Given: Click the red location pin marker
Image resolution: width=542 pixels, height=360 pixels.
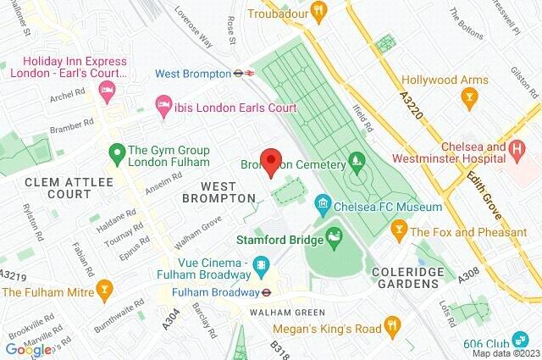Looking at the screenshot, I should tap(270, 162).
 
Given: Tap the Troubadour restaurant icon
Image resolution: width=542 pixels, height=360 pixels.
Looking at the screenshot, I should tap(319, 11).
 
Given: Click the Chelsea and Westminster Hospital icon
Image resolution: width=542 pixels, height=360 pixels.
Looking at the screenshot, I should tap(518, 150).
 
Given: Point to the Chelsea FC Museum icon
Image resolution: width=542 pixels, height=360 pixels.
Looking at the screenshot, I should tap(322, 206).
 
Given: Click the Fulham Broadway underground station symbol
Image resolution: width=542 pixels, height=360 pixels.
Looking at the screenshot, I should tap(266, 292).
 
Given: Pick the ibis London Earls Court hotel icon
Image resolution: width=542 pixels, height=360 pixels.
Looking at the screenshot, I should tap(164, 108).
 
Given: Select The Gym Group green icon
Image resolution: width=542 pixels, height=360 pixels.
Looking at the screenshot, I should tap(118, 155).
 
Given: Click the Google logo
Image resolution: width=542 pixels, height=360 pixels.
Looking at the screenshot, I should tap(28, 349).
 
